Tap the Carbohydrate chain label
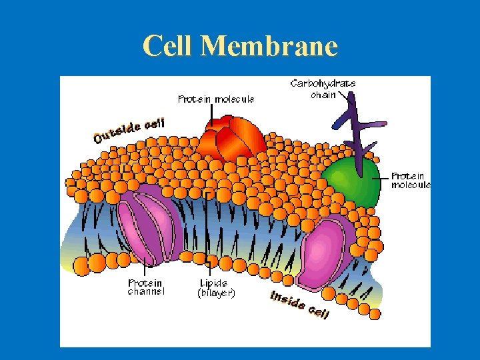point(323,89)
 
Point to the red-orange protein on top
point(231,139)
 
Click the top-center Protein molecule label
point(216,99)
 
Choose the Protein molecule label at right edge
point(410,181)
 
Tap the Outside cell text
point(129,131)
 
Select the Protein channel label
point(146,287)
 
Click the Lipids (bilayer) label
point(217,287)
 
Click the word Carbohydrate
point(323,83)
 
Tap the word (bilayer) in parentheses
point(217,293)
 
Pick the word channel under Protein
point(146,292)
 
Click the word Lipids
point(213,283)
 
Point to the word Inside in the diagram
point(287,299)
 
